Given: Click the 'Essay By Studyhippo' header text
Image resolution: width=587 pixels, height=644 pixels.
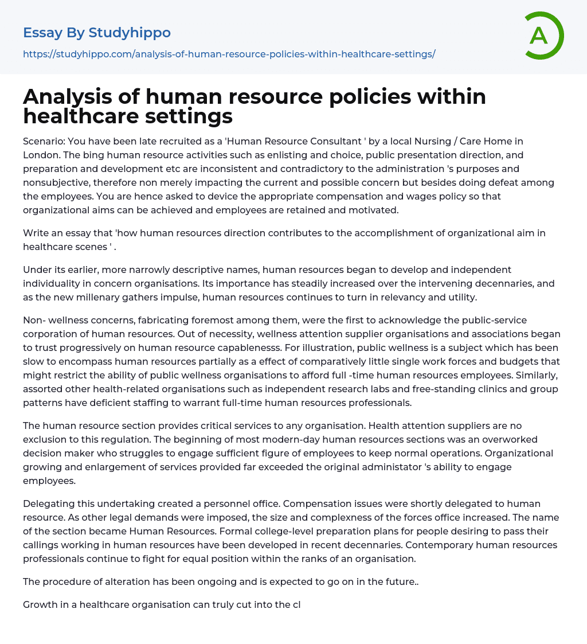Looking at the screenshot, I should tap(97, 33).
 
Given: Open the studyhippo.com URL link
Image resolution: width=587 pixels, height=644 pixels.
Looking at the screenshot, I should tap(229, 54).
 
